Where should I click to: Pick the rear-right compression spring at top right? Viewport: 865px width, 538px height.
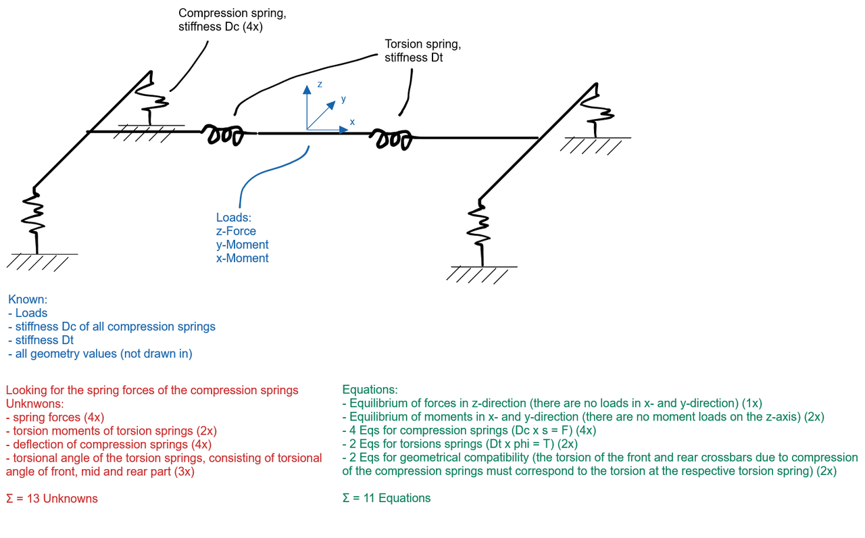tap(599, 108)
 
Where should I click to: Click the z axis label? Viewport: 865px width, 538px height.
tap(320, 84)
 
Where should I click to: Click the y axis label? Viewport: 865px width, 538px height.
tap(343, 99)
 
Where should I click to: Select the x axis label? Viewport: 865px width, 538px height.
tap(351, 122)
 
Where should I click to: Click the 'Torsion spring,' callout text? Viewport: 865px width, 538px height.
tap(422, 44)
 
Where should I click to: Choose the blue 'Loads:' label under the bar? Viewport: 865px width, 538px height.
tap(232, 218)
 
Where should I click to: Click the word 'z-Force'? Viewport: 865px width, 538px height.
tap(236, 231)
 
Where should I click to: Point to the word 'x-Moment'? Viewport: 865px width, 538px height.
tap(242, 258)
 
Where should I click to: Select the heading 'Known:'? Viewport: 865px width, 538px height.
tap(27, 299)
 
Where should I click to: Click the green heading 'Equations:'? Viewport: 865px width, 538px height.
tap(370, 390)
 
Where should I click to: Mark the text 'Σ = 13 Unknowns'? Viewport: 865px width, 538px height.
tap(51, 499)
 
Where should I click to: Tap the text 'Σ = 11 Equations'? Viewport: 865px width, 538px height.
tap(387, 498)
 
